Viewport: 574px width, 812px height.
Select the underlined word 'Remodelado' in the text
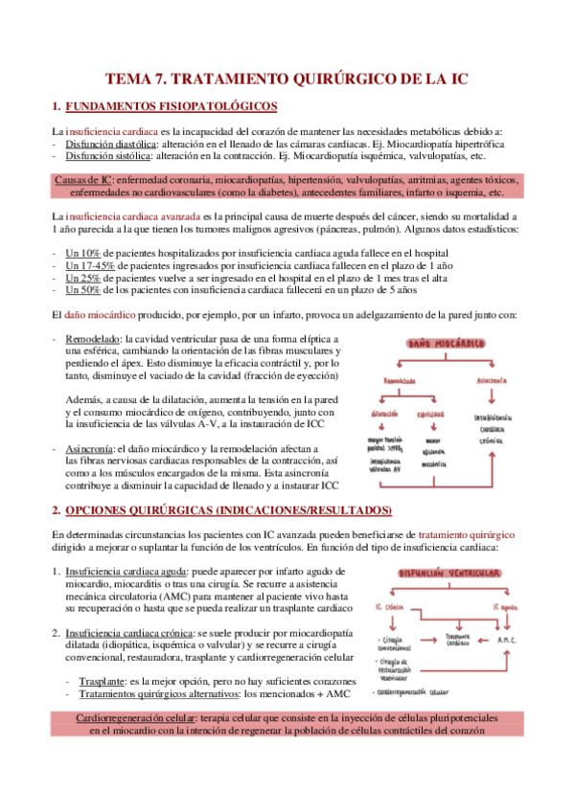pos(93,339)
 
